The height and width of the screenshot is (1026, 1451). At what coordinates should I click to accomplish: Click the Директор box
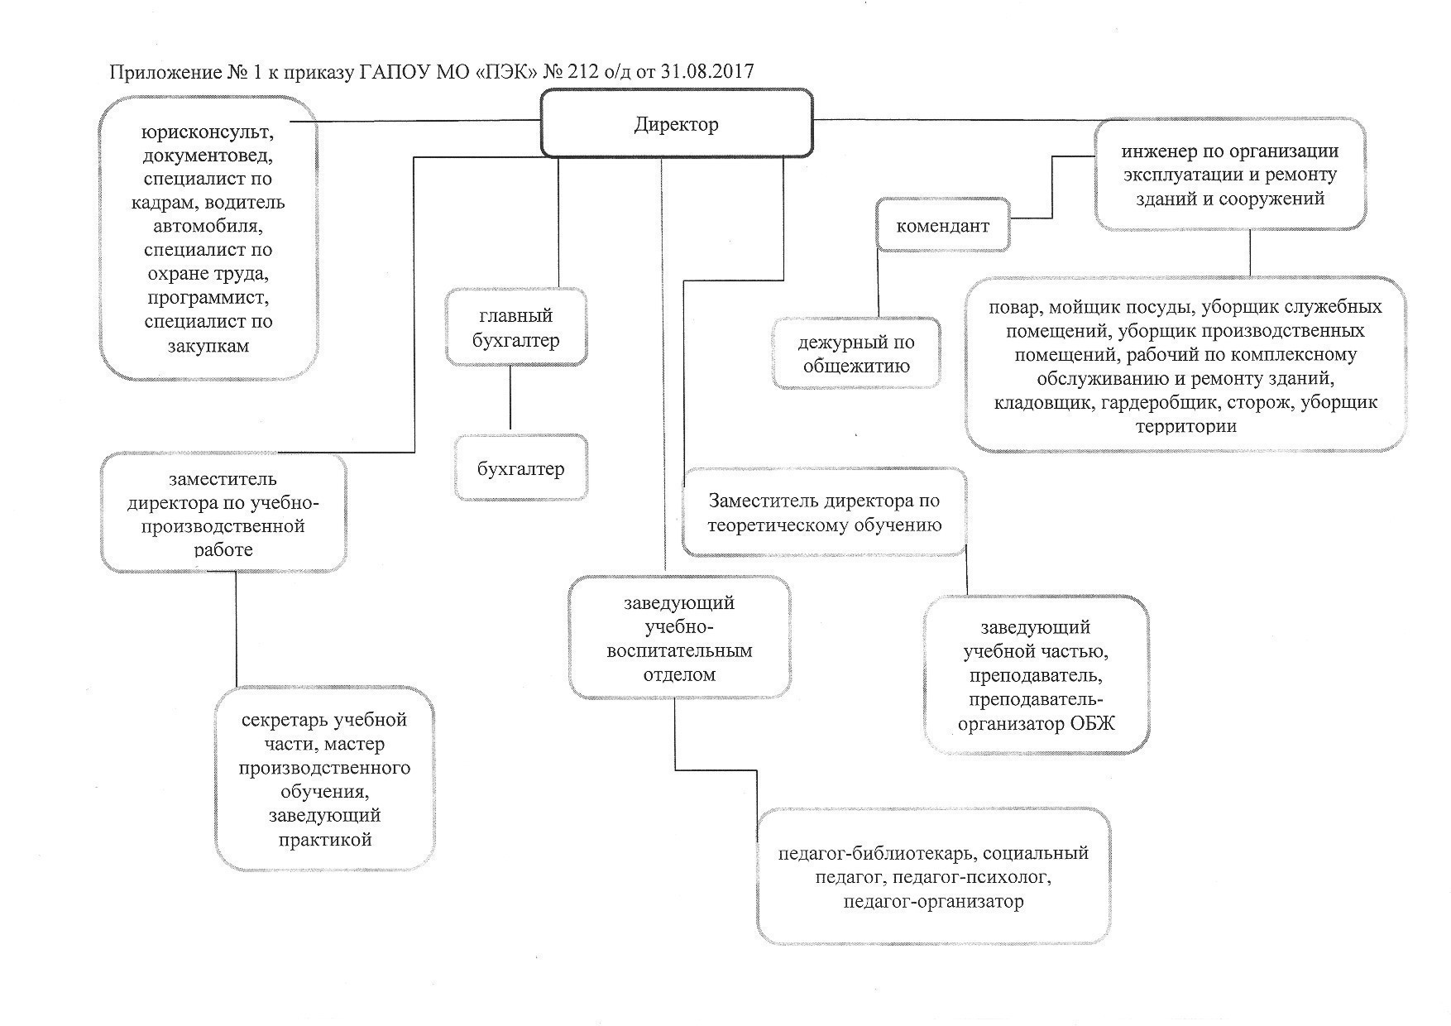point(677,123)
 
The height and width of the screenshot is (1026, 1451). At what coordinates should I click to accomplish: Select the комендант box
point(942,225)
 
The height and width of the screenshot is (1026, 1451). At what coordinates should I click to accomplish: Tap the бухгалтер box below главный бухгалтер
point(520,468)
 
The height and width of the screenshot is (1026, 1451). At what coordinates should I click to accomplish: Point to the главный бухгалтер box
point(515,328)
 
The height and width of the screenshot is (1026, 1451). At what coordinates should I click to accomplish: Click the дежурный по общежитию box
point(856,353)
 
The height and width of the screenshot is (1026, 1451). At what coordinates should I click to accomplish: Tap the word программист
point(208,297)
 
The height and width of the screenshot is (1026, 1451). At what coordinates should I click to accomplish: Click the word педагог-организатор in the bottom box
point(933,900)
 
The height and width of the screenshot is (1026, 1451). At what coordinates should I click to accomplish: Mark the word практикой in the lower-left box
point(325,839)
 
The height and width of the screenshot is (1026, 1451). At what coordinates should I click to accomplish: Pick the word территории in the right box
point(1185,426)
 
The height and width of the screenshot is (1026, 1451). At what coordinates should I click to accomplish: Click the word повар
point(1013,307)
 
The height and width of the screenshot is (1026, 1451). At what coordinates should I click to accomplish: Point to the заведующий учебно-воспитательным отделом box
point(679,638)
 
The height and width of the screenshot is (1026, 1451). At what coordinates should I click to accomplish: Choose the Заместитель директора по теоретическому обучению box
point(825,511)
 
